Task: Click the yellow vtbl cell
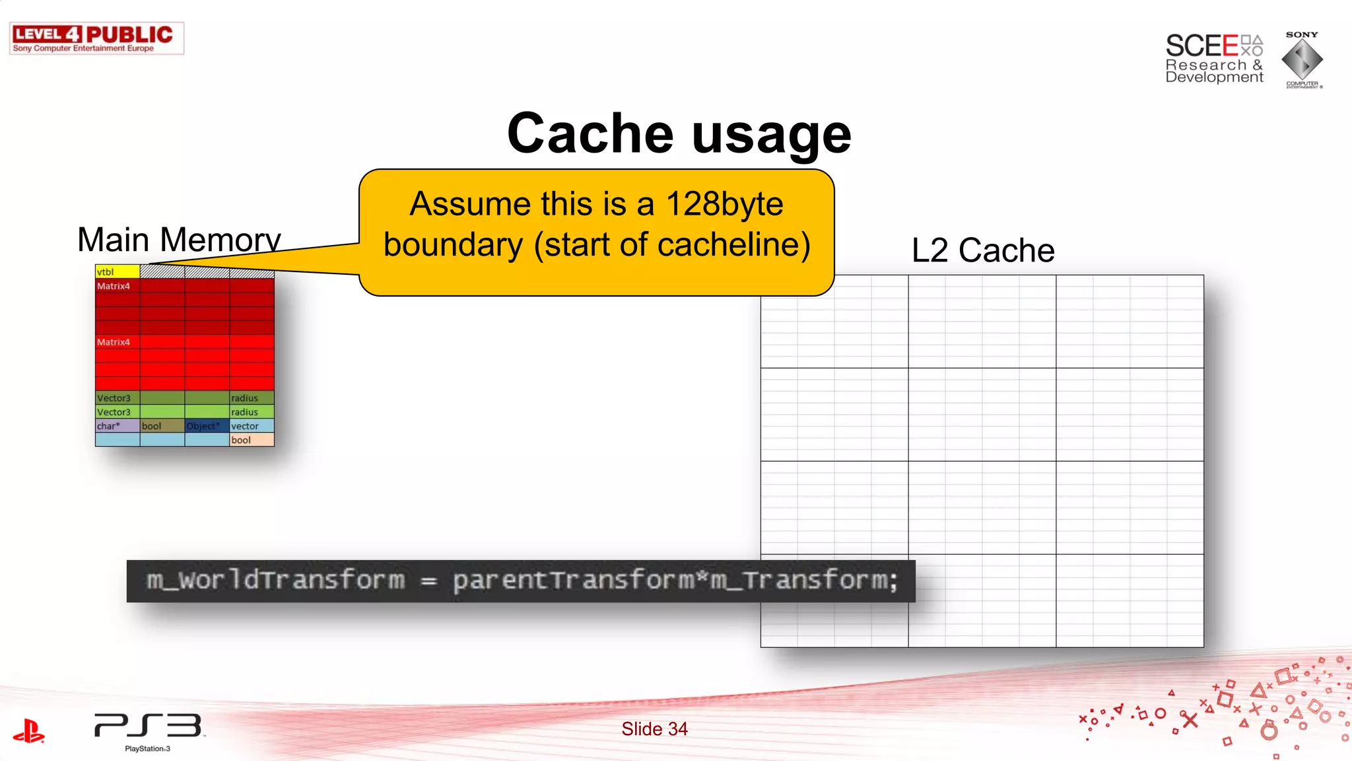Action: (118, 272)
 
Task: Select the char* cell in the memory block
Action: (117, 426)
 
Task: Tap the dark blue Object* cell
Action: (207, 426)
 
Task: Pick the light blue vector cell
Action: (252, 426)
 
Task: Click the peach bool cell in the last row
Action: (252, 440)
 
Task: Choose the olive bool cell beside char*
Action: (162, 426)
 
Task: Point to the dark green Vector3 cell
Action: (117, 398)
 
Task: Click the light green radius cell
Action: (252, 412)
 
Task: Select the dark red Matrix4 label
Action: (114, 286)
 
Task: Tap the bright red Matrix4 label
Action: (114, 342)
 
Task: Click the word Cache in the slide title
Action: (590, 133)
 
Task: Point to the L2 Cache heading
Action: (982, 250)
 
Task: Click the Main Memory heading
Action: (179, 239)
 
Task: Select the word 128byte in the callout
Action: (724, 203)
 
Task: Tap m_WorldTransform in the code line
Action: (275, 580)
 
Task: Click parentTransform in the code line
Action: (573, 580)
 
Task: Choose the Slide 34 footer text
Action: (654, 729)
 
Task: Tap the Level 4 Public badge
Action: (96, 38)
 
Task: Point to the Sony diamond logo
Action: (1302, 59)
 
